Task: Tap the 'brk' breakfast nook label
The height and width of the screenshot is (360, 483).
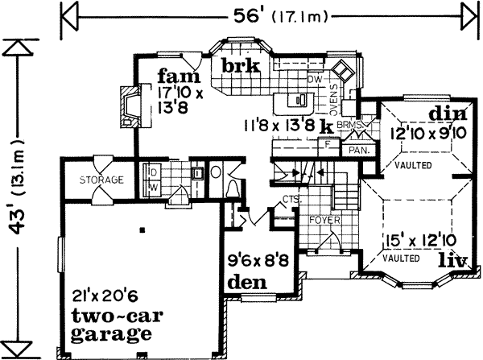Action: click(x=241, y=67)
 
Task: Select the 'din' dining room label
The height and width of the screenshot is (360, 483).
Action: click(x=444, y=113)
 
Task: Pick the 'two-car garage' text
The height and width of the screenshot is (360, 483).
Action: click(x=112, y=322)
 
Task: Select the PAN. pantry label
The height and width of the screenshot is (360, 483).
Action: click(x=357, y=150)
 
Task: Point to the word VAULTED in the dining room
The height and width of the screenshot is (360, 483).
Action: click(x=413, y=166)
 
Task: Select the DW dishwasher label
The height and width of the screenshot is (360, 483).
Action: click(x=315, y=81)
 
